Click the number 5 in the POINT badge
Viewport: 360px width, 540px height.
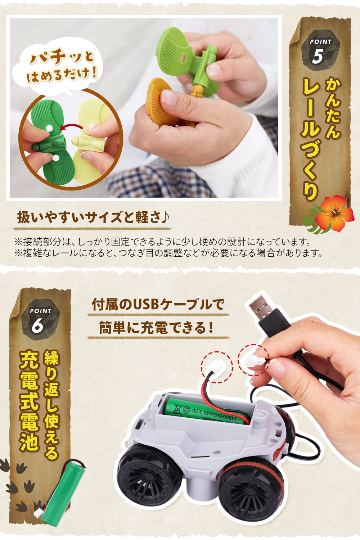click(x=318, y=56)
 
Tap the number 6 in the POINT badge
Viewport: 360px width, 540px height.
click(x=37, y=326)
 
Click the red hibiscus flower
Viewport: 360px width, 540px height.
click(x=334, y=212)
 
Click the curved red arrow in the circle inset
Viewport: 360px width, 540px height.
click(x=71, y=126)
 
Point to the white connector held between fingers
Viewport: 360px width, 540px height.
click(x=252, y=360)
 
